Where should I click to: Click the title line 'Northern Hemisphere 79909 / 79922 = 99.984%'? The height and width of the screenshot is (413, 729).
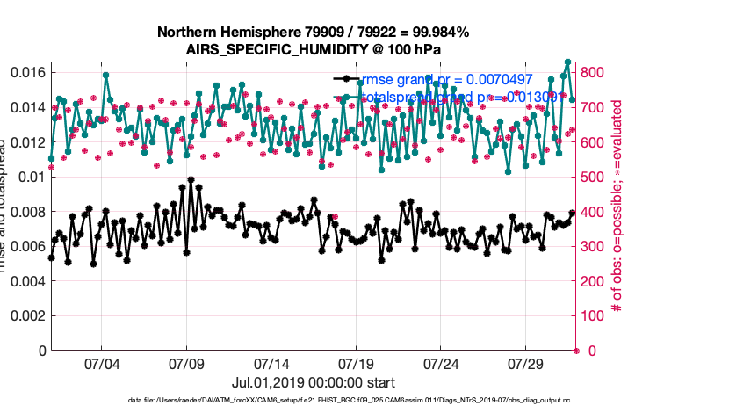click(x=313, y=33)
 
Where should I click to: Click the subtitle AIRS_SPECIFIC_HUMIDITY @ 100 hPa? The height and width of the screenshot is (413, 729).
click(x=313, y=50)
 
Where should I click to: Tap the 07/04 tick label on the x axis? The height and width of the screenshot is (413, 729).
click(x=101, y=363)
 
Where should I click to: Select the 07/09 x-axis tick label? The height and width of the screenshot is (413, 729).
click(x=186, y=363)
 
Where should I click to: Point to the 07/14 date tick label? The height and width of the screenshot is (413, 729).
click(x=271, y=363)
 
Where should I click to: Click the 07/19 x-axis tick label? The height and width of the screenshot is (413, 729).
click(x=356, y=363)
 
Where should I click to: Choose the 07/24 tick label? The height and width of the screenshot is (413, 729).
click(x=441, y=363)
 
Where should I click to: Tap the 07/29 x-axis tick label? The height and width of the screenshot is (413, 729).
click(x=526, y=363)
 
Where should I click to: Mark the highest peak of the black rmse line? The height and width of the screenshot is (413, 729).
click(x=191, y=180)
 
